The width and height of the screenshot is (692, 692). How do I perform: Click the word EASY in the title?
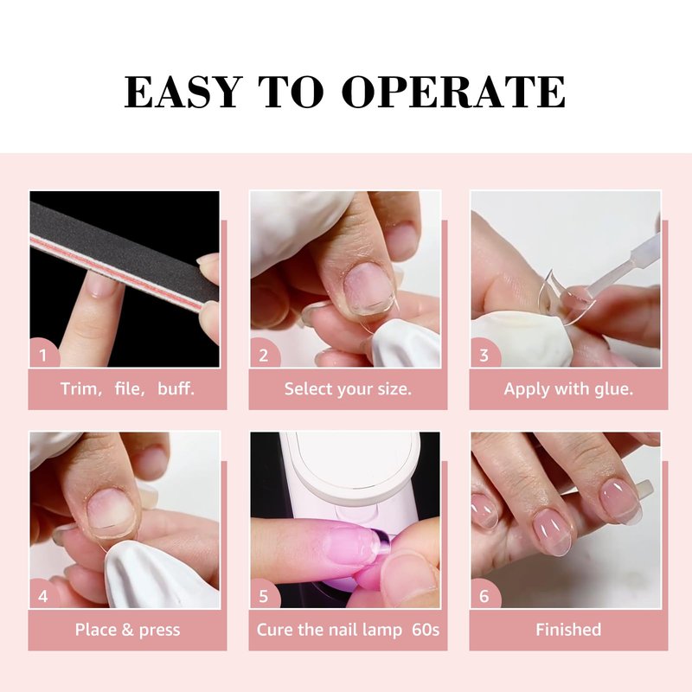[183, 92]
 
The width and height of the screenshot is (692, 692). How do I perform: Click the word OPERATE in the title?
[453, 92]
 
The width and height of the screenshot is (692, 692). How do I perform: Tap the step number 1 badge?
[43, 355]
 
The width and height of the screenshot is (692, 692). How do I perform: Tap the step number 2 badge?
[264, 355]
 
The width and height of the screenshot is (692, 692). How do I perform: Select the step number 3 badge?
[484, 355]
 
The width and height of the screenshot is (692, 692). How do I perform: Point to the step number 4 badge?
[43, 595]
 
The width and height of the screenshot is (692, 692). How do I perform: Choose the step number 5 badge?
[264, 595]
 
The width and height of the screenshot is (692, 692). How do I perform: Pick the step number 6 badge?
[484, 595]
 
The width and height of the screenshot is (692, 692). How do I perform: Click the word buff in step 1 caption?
[176, 388]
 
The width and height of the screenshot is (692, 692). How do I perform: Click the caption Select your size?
[348, 388]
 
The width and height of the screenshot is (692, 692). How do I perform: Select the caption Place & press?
[127, 630]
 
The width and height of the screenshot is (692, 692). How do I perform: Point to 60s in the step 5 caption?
[426, 630]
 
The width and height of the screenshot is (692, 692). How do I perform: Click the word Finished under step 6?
[568, 630]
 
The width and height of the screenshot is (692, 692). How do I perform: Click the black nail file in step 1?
[125, 257]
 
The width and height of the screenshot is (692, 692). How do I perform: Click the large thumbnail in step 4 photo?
[111, 511]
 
